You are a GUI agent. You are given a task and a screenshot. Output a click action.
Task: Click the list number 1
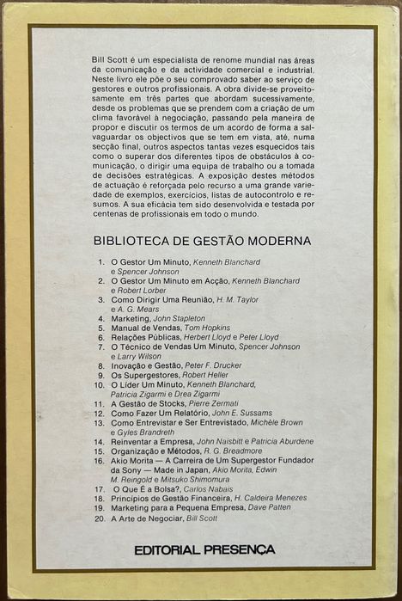(100, 261)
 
